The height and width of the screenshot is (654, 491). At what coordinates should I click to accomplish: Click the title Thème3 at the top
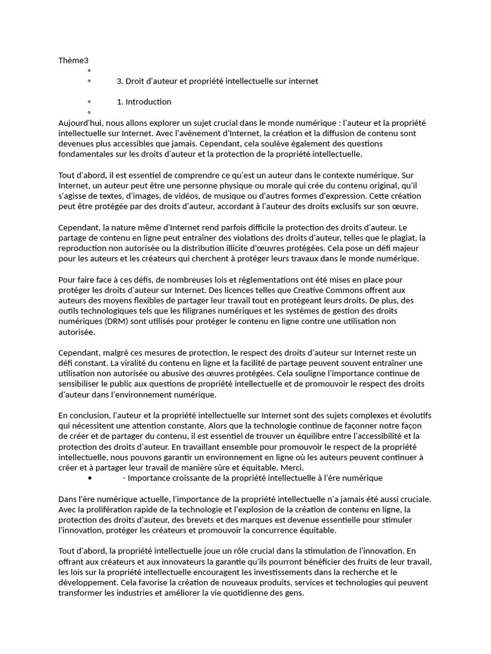(73, 61)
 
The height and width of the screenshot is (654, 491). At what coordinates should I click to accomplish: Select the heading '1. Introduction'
(144, 102)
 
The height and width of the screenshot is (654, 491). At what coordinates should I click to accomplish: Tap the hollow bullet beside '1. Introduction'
(89, 102)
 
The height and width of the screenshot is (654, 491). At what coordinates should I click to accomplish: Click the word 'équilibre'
(292, 436)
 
